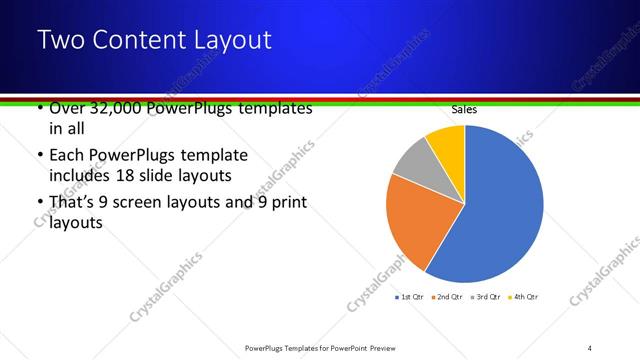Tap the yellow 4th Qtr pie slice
(x=448, y=143)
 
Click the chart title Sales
(x=464, y=108)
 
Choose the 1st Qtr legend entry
(x=411, y=297)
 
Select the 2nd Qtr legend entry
(x=446, y=297)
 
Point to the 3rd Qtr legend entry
(x=485, y=297)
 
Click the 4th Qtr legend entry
(x=522, y=297)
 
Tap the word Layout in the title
(x=229, y=41)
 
